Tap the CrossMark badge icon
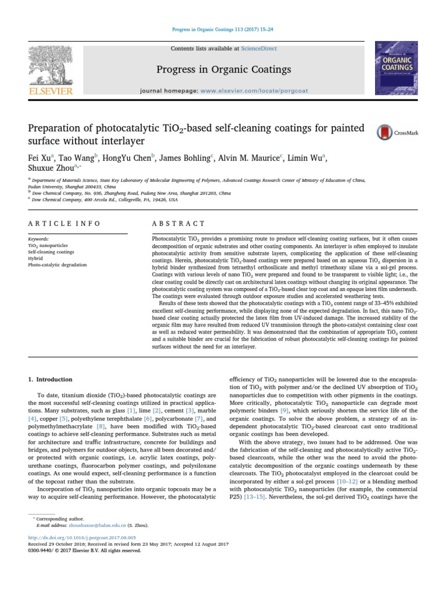(x=383, y=132)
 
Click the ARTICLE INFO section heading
(x=64, y=223)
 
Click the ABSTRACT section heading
(x=178, y=223)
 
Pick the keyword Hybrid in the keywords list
(x=36, y=259)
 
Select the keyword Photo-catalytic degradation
(x=57, y=265)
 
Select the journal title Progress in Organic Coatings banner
(x=224, y=70)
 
